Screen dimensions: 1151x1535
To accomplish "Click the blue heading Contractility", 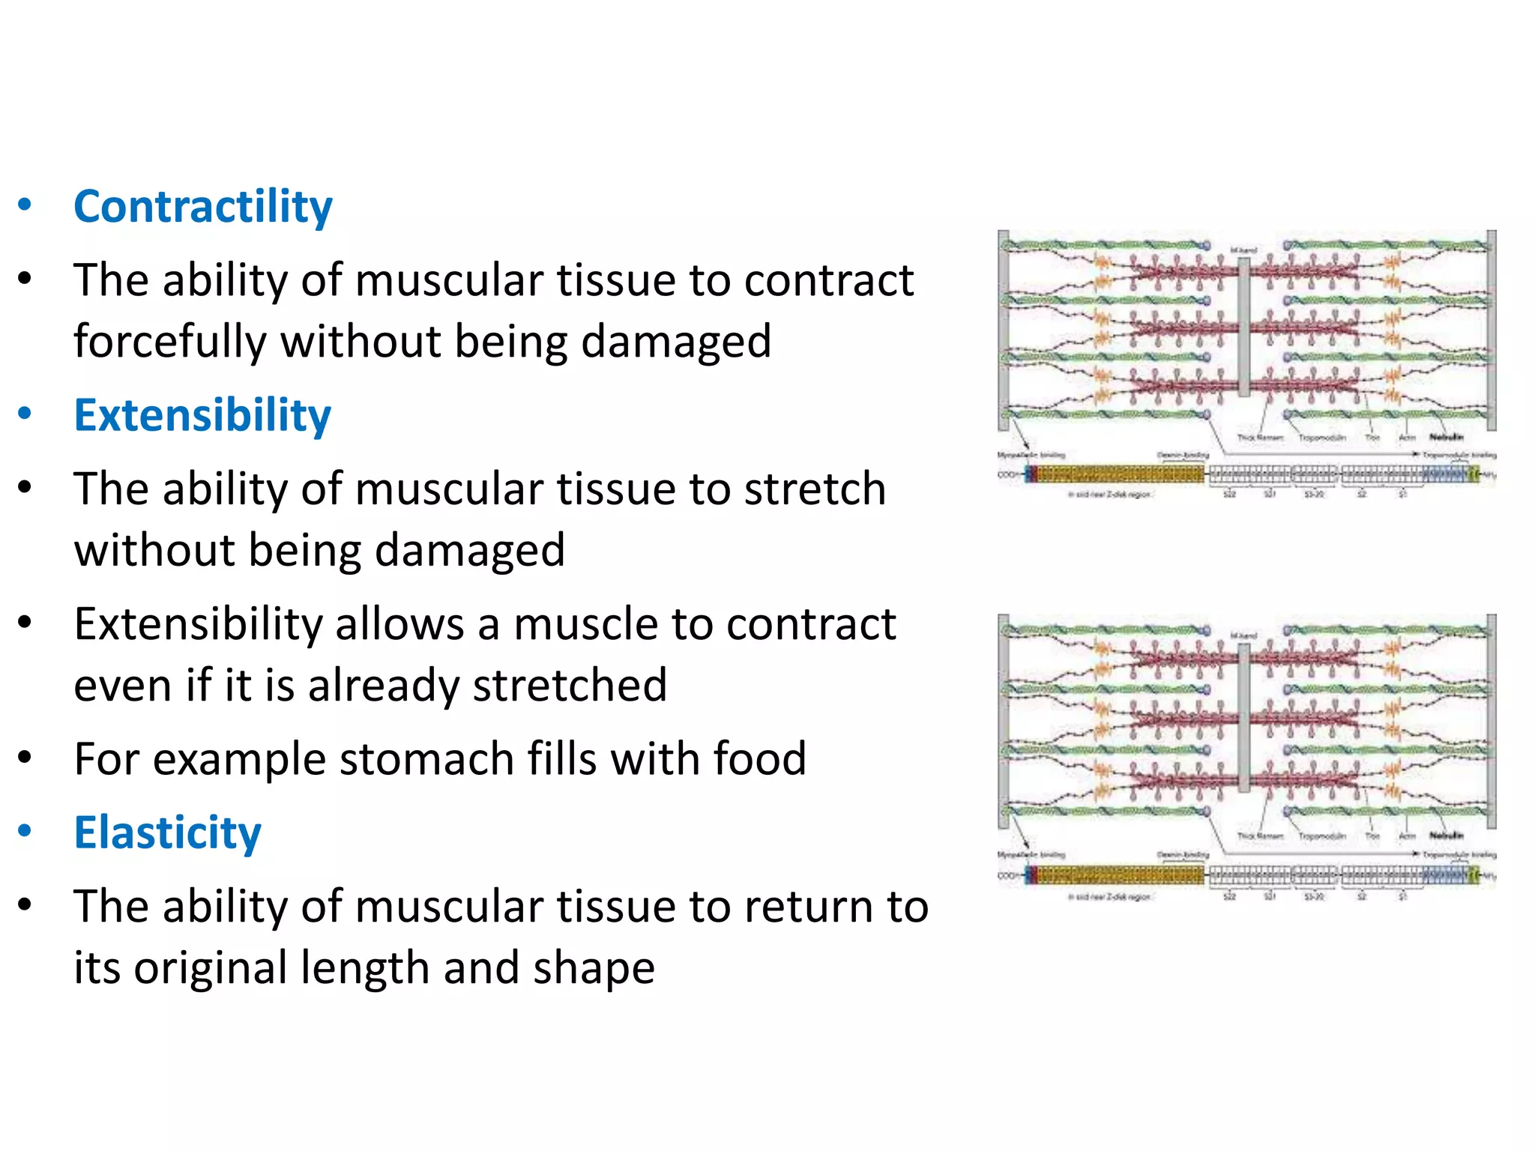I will [202, 207].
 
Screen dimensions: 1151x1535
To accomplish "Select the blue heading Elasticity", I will [167, 833].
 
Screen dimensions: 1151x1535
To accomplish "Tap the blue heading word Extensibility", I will [202, 415].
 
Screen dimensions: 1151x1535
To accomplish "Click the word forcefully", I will [169, 342].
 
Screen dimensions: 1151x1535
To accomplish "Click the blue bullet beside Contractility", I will [25, 205].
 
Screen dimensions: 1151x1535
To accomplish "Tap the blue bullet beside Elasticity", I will [25, 830].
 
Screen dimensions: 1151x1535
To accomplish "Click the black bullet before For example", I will [25, 758].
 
